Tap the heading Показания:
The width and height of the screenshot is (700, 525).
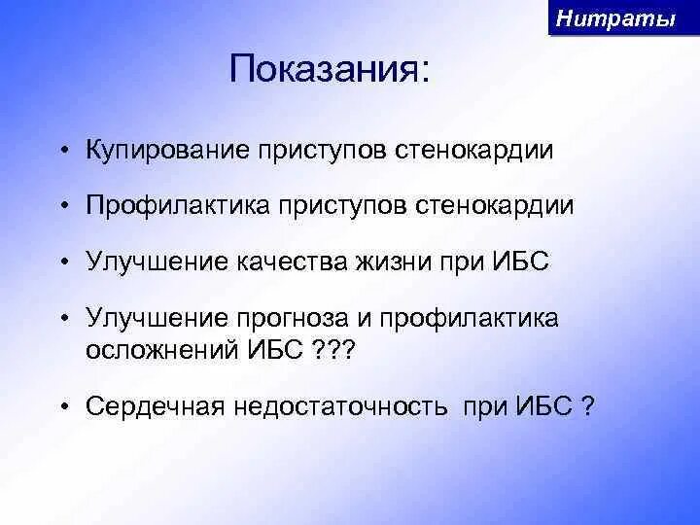tap(329, 69)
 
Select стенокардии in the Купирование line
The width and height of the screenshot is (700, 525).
tap(474, 150)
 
